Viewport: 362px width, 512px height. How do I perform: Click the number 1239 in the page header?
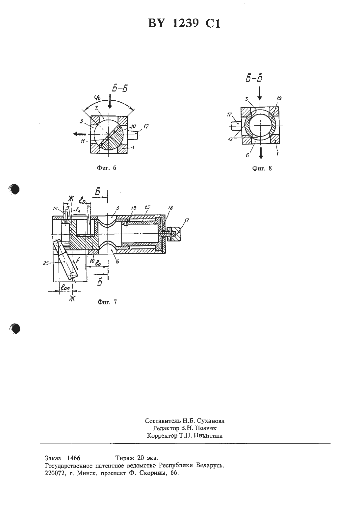pos(185,23)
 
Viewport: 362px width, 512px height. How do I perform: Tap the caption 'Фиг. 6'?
pos(107,168)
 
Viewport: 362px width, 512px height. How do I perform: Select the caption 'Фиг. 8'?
pos(262,168)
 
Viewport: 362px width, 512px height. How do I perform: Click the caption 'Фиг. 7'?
pos(107,302)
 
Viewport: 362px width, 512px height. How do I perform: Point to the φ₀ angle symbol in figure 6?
pos(97,99)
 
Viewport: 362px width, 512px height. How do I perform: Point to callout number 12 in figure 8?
pos(230,139)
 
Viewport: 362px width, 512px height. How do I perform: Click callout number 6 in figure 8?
pos(247,156)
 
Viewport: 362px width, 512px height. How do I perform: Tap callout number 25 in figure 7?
pos(46,263)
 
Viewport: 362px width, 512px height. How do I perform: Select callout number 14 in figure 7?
pos(55,208)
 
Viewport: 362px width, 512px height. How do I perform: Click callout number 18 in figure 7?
pos(170,208)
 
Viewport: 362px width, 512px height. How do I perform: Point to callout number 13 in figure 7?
pos(134,208)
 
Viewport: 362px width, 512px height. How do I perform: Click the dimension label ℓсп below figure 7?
pos(65,287)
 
